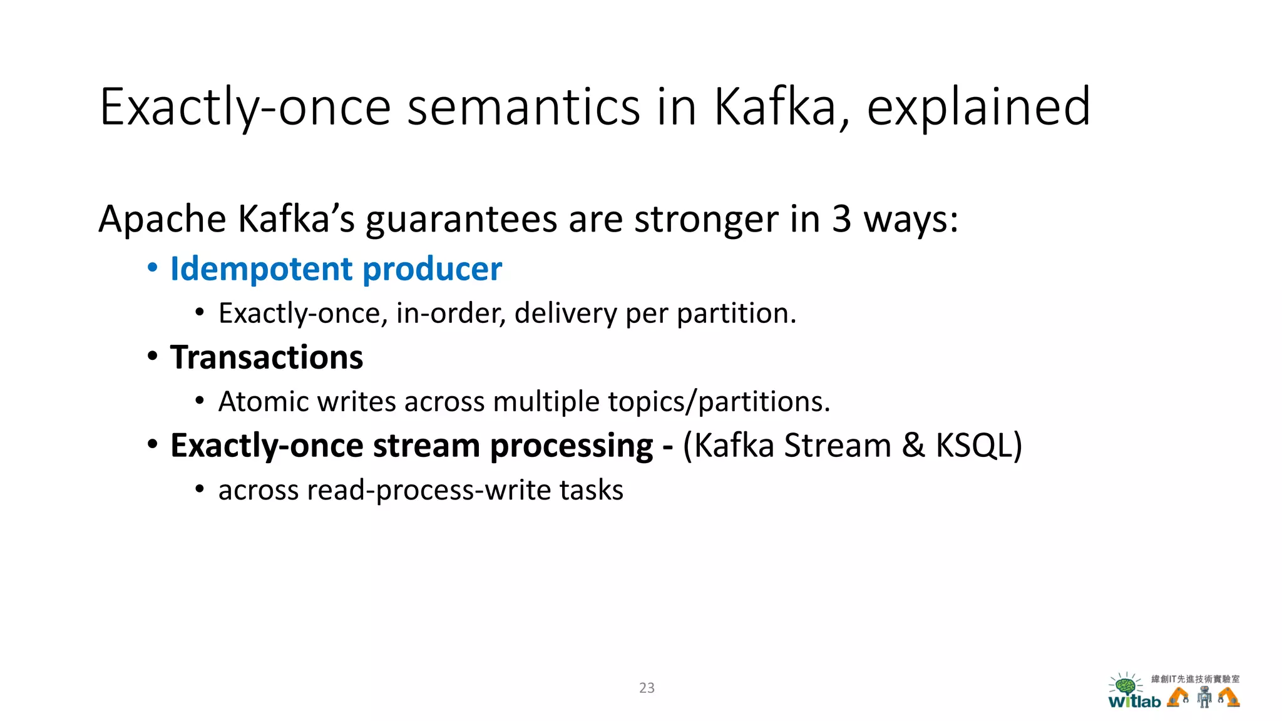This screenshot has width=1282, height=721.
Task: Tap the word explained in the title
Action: pos(978,107)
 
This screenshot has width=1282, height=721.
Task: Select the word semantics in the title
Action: pos(523,107)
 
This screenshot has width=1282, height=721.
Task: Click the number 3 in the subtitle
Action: pos(841,219)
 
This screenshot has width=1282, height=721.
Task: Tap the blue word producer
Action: pos(432,269)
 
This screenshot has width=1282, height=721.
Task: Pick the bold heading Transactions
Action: pos(266,357)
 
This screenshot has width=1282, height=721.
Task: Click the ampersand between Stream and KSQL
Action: pos(913,446)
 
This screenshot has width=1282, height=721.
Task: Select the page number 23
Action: pos(647,688)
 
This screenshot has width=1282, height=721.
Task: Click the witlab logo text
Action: pos(1134,702)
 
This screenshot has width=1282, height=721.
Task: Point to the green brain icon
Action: pos(1126,685)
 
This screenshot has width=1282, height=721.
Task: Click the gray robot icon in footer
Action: pos(1204,697)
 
